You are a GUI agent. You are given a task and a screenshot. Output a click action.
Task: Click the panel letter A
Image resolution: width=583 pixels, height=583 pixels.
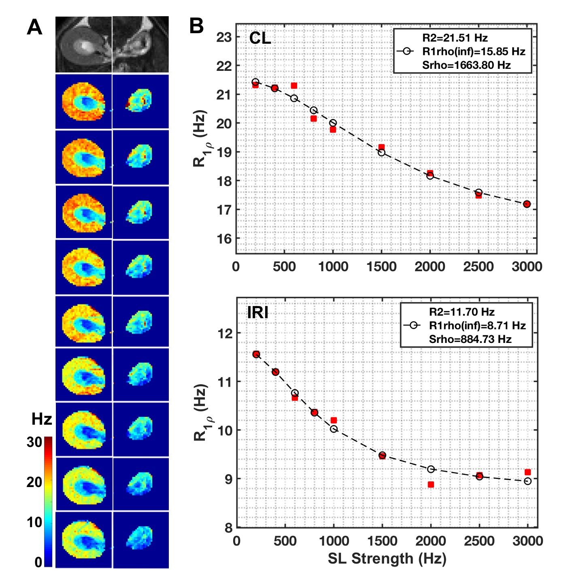click(34, 28)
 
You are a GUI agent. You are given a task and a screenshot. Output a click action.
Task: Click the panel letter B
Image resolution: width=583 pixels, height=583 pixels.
click(197, 26)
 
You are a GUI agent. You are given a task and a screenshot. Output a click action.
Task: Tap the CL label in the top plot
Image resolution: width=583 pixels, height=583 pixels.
click(260, 38)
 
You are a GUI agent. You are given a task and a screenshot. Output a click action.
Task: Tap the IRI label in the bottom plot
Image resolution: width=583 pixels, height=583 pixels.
click(257, 313)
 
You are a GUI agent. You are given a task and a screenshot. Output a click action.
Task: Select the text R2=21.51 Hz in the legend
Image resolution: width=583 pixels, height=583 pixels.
click(455, 38)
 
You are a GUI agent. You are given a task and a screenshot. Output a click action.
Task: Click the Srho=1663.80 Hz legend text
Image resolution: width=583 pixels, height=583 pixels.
click(466, 65)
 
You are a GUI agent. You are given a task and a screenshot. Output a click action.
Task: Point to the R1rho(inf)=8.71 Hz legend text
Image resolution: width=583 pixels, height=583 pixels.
click(477, 326)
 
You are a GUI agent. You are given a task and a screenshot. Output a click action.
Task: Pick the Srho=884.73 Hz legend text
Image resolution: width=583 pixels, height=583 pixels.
click(470, 339)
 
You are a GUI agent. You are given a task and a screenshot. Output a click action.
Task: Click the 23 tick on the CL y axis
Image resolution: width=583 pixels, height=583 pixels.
click(224, 37)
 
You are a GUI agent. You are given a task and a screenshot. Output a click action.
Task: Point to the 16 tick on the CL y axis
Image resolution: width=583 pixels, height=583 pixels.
click(224, 239)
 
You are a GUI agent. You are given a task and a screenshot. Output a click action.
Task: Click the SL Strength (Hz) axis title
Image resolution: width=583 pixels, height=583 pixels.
click(387, 559)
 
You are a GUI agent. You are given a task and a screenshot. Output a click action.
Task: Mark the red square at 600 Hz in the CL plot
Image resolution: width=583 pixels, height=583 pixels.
click(294, 85)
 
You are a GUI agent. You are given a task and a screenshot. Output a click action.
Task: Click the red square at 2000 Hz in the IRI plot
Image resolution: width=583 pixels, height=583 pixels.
click(431, 485)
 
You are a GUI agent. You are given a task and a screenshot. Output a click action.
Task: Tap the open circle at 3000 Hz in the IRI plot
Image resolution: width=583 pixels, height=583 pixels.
click(528, 481)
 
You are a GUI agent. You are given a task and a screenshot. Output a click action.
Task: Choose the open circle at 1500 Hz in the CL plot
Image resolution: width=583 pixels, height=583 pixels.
click(381, 152)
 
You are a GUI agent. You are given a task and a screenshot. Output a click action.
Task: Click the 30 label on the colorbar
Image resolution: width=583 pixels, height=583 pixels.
click(34, 442)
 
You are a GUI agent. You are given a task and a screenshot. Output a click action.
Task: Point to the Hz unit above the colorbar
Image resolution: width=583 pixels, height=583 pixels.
click(42, 419)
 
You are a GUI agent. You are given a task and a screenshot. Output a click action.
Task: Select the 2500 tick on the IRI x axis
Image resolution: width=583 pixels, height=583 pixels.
click(479, 541)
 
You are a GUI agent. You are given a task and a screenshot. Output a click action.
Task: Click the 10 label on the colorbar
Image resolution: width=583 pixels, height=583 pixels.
click(34, 522)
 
